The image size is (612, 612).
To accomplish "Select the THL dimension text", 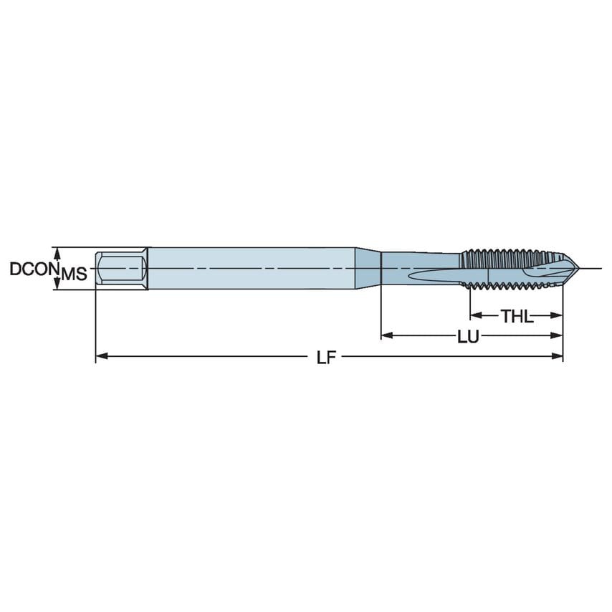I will (517, 315).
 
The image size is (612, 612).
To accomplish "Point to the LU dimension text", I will (468, 335).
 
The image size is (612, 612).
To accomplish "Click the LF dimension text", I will (327, 356).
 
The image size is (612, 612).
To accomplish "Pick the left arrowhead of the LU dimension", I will (386, 335).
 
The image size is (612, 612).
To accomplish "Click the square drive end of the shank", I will (122, 269).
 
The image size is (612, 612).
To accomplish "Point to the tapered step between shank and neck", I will (368, 269).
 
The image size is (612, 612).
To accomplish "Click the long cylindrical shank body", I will (251, 269).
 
